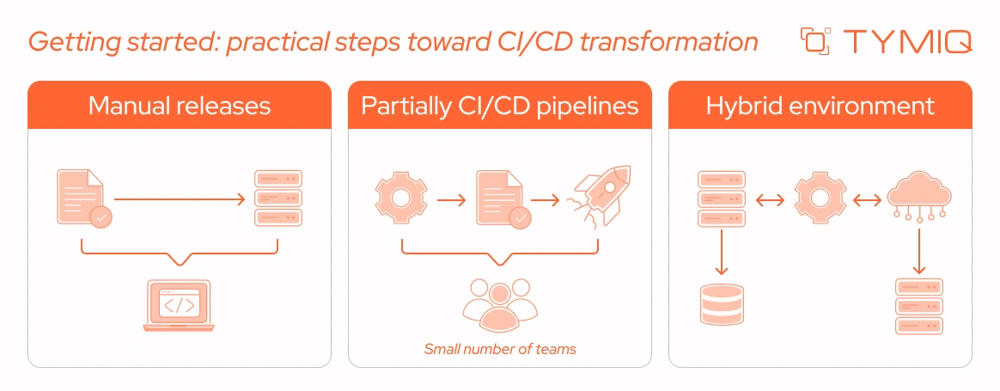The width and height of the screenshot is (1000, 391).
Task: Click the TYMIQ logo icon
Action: tap(815, 41)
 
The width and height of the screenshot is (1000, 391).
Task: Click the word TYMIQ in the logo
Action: tap(906, 41)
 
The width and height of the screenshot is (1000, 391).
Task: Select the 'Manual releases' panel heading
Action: tap(180, 106)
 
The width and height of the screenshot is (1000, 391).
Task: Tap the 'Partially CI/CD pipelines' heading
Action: tap(500, 106)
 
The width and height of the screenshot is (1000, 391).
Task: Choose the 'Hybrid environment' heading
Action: tap(820, 106)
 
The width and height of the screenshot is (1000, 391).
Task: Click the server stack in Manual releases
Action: tap(278, 199)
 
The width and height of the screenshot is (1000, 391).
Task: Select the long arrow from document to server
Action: tap(180, 199)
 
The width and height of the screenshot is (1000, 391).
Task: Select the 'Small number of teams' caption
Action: tap(500, 349)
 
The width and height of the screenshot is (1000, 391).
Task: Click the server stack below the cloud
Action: tap(919, 306)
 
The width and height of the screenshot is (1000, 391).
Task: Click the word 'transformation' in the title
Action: tap(668, 41)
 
